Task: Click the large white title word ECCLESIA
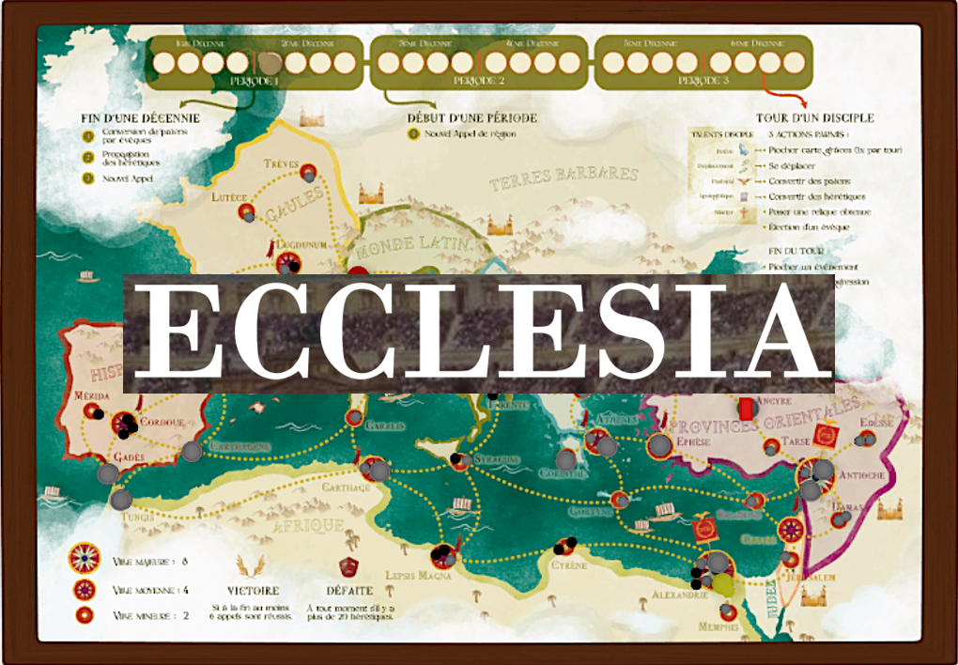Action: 479,334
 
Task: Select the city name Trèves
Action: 281,162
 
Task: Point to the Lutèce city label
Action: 230,197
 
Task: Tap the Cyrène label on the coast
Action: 570,565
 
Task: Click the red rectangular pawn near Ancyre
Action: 747,408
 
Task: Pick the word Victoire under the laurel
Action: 253,591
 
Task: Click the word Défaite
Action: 348,591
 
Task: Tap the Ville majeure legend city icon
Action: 85,561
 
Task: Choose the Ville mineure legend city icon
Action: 85,615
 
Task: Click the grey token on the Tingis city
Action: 120,500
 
